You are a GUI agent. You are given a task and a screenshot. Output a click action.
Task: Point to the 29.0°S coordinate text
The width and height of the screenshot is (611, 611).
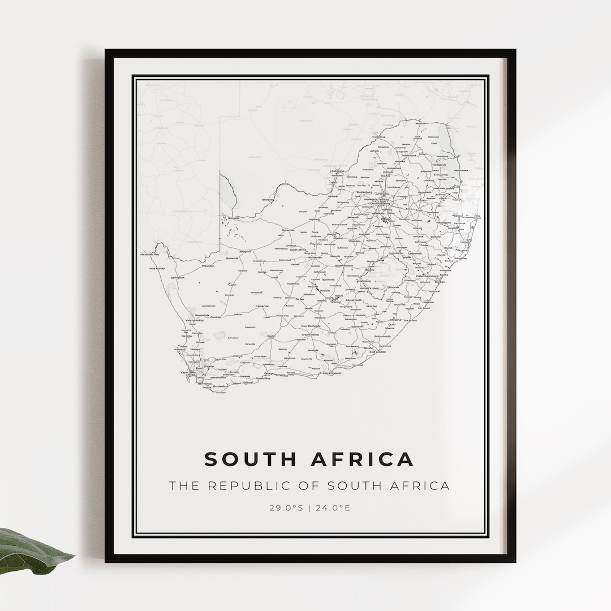coord(286,507)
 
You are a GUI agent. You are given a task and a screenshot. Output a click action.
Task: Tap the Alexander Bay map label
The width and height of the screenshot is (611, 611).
coord(150,255)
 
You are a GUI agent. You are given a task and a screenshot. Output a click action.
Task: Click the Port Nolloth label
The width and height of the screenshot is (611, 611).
coord(157,269)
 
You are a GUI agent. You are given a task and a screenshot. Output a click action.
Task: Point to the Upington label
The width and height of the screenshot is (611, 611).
coord(244,251)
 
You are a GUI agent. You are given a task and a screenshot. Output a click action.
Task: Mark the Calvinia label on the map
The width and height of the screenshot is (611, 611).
coord(216,317)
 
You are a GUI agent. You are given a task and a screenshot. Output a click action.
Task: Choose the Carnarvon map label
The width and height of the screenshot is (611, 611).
coord(263,306)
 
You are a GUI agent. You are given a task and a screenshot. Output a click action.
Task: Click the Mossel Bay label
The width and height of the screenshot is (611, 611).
coord(263,378)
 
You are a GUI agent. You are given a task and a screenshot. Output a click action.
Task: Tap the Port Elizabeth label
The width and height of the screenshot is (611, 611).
coord(332,373)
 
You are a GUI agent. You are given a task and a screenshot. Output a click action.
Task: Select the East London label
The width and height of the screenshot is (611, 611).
coord(377,352)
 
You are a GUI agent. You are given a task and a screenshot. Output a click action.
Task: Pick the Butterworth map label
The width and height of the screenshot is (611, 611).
coord(382,337)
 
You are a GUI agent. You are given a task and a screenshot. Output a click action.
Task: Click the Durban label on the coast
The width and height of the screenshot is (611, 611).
coord(440,281)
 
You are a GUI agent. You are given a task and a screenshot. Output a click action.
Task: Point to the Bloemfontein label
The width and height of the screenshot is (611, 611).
coord(344,265)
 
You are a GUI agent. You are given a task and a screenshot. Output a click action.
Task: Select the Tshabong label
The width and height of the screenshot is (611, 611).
coord(268,200)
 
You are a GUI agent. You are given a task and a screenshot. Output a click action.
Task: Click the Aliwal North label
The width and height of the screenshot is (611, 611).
coord(354,300)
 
